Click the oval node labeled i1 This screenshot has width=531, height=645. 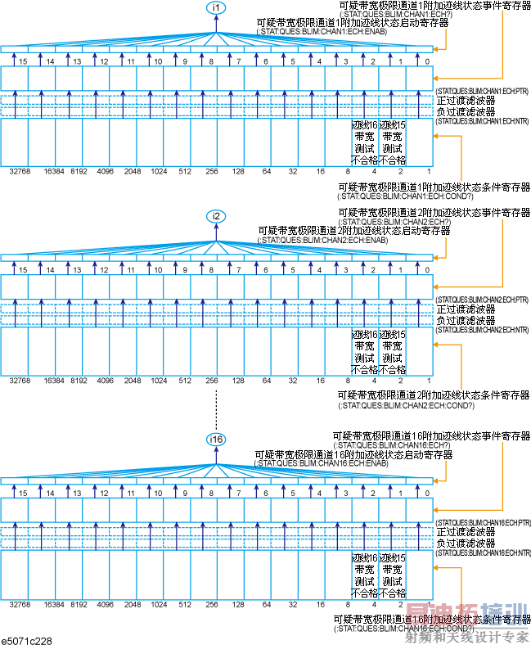click(217, 7)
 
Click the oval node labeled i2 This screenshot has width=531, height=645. click(217, 216)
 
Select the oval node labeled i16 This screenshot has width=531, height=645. click(216, 440)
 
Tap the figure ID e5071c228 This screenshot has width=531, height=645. click(27, 638)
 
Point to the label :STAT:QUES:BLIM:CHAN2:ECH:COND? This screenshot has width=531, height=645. click(406, 405)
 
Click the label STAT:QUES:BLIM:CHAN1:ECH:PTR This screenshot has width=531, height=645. click(482, 88)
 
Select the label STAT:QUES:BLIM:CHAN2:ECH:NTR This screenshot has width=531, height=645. click(482, 330)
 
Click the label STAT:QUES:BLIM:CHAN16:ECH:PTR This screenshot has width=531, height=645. click(483, 521)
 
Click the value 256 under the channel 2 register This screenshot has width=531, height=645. click(212, 381)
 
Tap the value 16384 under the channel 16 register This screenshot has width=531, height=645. click(54, 604)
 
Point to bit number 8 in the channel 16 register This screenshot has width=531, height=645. click(211, 494)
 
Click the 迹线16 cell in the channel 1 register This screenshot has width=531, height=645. click(365, 142)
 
